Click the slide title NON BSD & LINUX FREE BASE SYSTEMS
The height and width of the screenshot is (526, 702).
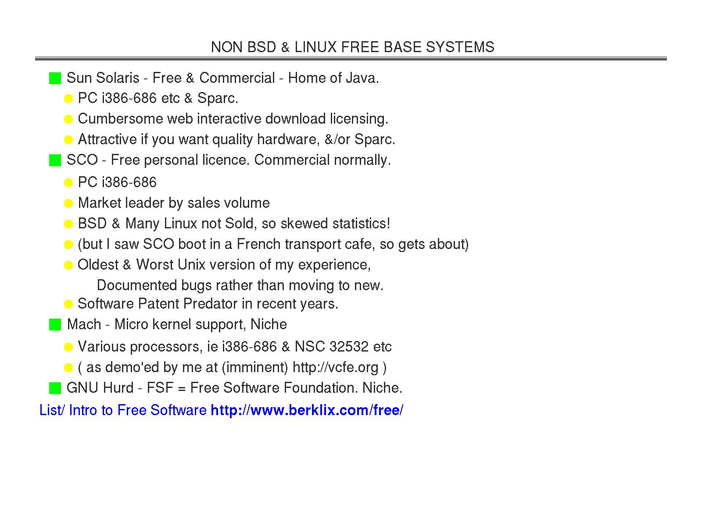pos(352,47)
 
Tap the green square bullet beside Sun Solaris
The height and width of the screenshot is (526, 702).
pos(55,79)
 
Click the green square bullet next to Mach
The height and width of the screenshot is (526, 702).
pos(55,325)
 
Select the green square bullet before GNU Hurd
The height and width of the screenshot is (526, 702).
pos(55,388)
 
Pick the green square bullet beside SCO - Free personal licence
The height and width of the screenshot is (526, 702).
pos(55,160)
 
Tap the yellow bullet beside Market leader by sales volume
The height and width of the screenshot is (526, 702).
pos(68,203)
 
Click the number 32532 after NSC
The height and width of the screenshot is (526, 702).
pos(349,347)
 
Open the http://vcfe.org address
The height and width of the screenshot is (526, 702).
pos(335,367)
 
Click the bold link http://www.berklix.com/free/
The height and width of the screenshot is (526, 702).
pos(307,410)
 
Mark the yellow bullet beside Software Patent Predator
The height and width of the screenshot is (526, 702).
pos(68,304)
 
